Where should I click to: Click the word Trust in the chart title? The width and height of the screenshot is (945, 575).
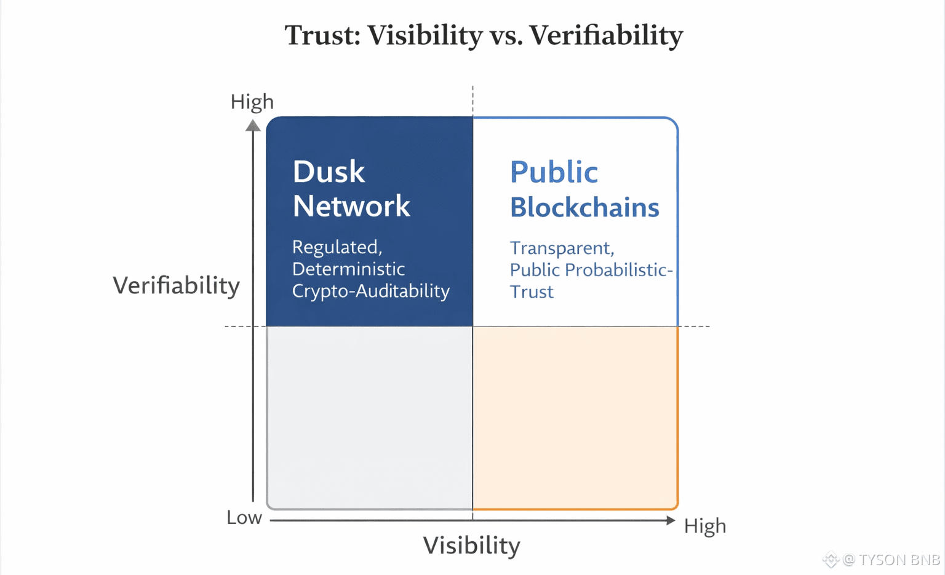coord(322,35)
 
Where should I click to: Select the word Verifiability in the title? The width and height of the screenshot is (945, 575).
coord(606,35)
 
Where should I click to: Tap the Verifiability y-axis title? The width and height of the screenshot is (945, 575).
coord(177,286)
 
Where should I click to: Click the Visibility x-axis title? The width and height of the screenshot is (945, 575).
coord(472,546)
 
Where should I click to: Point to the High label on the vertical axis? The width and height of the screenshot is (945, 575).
coord(252,102)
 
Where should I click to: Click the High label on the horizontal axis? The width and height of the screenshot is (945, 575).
coord(705,526)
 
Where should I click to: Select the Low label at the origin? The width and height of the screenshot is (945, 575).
coord(244,518)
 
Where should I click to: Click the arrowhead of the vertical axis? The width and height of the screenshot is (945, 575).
coord(253,125)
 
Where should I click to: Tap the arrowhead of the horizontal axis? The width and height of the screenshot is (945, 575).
coord(671,521)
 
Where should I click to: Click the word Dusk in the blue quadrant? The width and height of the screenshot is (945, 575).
coord(329,172)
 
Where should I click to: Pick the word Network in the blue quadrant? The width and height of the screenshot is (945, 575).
coord(351,206)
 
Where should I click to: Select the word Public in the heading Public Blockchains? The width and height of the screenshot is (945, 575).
coord(554,172)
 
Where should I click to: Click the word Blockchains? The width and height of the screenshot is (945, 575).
coord(584,207)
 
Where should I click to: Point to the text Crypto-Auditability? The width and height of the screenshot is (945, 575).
coord(371,291)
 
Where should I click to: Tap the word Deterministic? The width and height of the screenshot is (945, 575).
coord(348,269)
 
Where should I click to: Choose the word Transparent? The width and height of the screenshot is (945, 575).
coord(562,248)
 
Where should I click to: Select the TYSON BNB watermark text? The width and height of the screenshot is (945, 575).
coord(899,560)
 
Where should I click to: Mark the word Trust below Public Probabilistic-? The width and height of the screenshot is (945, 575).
coord(532,292)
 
